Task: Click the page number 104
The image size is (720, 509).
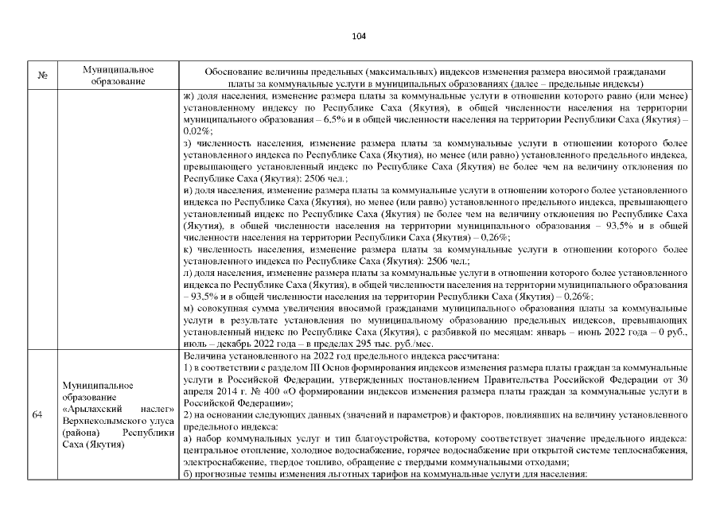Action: click(x=359, y=37)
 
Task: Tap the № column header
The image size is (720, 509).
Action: click(x=41, y=76)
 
